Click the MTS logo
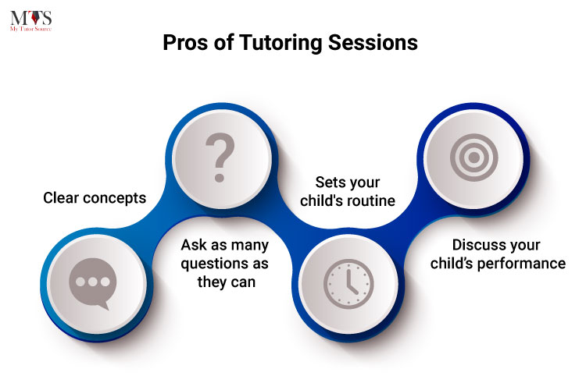point(31,21)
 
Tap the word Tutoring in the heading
point(280,44)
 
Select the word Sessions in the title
point(373,43)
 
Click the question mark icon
point(220,157)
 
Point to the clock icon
point(348,284)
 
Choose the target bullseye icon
point(474,158)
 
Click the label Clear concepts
point(95,198)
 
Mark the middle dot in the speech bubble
point(93,282)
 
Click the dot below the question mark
point(220,177)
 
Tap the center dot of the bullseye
point(474,158)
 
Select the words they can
point(227,282)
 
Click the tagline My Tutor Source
point(31,29)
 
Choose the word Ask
point(195,245)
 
